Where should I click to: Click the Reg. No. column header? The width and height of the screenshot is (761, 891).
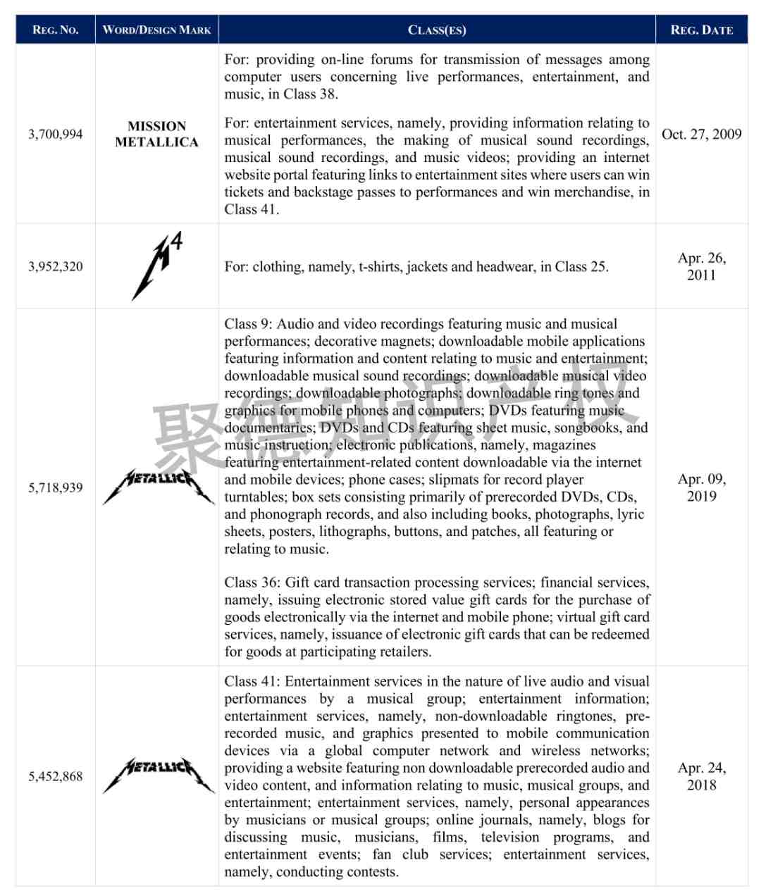(55, 30)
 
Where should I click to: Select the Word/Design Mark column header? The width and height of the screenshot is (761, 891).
(156, 30)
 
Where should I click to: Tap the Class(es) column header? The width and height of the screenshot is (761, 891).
(437, 30)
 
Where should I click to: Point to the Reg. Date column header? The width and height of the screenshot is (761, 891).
(701, 30)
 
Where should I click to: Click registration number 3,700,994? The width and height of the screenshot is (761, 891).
(56, 134)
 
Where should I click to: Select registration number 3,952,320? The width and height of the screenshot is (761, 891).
(56, 266)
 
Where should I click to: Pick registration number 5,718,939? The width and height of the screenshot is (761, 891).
(56, 487)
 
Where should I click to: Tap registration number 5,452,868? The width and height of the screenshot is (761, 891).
(56, 776)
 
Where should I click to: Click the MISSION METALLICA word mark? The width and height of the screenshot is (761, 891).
(156, 134)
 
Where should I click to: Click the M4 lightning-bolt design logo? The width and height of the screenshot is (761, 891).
(156, 266)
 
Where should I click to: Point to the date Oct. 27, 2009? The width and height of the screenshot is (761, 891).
(701, 134)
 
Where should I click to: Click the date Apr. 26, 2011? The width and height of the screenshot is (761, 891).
(701, 266)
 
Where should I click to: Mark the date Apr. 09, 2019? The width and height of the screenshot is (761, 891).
(701, 487)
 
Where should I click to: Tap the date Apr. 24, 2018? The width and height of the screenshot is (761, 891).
(701, 776)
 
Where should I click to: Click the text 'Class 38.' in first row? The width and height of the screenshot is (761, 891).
(311, 94)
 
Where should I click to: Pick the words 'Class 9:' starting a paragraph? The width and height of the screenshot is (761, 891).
(248, 324)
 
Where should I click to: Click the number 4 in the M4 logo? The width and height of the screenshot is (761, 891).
(176, 242)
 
